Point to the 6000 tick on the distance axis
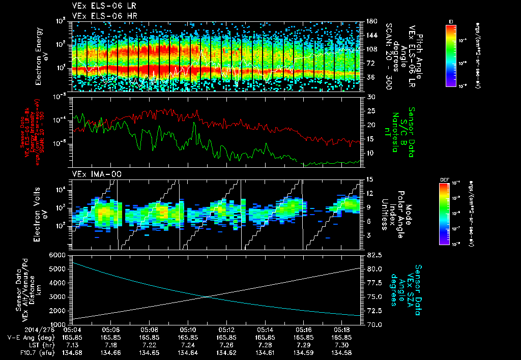coord(57,255)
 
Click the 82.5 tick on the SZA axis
coord(371,255)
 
